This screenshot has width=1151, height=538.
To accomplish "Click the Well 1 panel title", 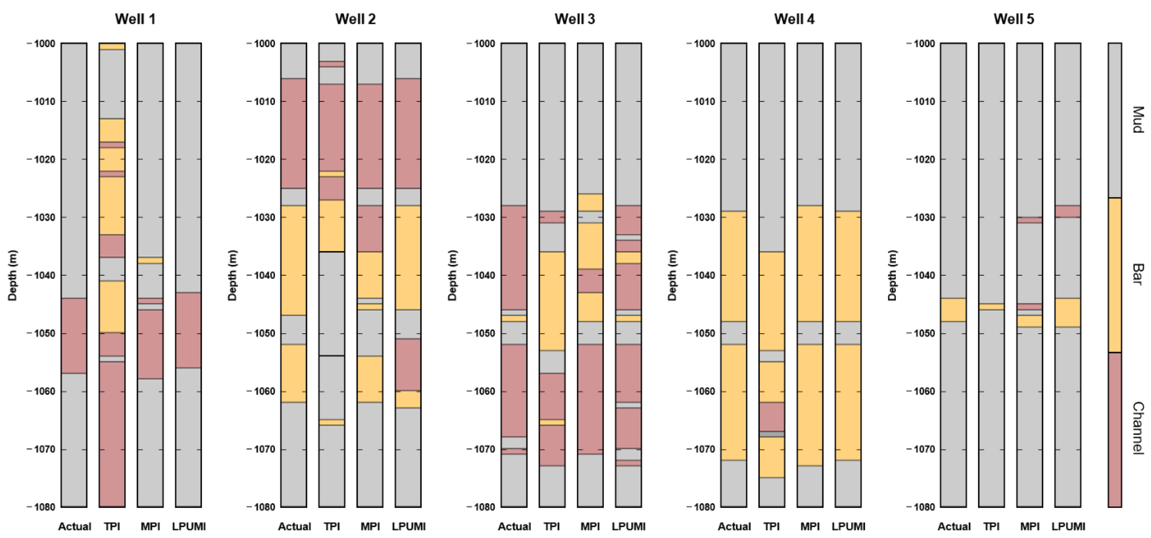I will coord(135,19).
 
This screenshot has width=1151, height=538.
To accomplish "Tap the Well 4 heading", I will coord(794,19).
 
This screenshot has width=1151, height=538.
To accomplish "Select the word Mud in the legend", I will coord(1138,120).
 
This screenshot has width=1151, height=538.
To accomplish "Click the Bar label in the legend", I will coord(1138,274).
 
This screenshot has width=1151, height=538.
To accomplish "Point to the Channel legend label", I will coord(1138,428).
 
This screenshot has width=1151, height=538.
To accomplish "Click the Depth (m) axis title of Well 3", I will coord(452,275).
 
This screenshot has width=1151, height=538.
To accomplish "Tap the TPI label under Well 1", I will coord(112,526).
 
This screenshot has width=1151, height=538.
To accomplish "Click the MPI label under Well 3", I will coord(590,526).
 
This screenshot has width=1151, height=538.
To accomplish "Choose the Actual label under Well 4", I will coord(734,526).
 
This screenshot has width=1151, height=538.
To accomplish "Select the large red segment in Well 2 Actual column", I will coord(294,133).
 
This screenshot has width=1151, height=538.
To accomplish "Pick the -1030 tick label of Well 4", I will coord(704,218).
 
